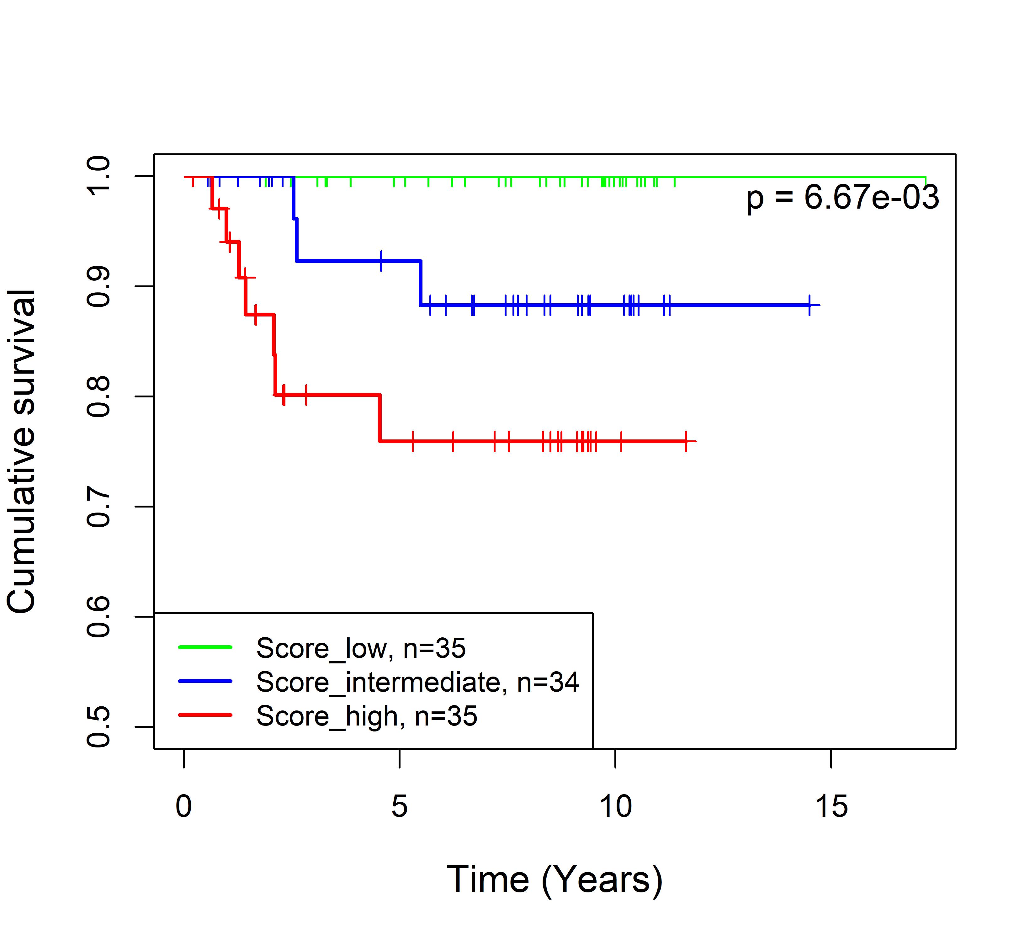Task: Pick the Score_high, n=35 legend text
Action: [x=367, y=716]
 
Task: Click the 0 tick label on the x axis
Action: [x=184, y=806]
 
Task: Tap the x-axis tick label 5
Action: [x=400, y=806]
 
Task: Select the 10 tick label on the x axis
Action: [x=616, y=806]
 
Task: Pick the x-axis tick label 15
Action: [x=831, y=806]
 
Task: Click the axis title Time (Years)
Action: [x=555, y=880]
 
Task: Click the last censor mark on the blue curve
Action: [x=809, y=306]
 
